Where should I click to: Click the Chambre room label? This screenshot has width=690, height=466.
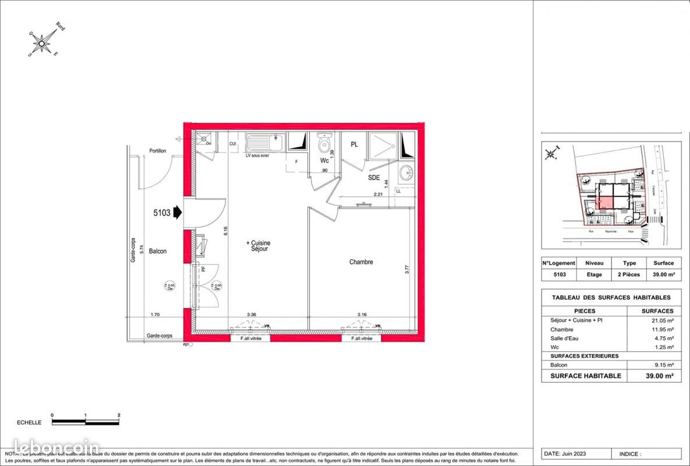[361, 262]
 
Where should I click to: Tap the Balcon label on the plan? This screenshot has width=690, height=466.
[157, 252]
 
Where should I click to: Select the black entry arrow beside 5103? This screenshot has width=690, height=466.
[178, 213]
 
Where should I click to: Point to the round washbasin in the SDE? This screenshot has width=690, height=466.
[406, 172]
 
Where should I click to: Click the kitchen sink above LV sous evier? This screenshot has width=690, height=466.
[265, 142]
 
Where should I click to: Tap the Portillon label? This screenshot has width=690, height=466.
[157, 151]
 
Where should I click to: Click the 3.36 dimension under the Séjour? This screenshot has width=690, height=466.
[252, 315]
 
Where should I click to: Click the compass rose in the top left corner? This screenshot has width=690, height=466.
[43, 41]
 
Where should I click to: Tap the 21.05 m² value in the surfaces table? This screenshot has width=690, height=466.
[661, 320]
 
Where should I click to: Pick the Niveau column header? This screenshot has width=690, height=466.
[594, 263]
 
